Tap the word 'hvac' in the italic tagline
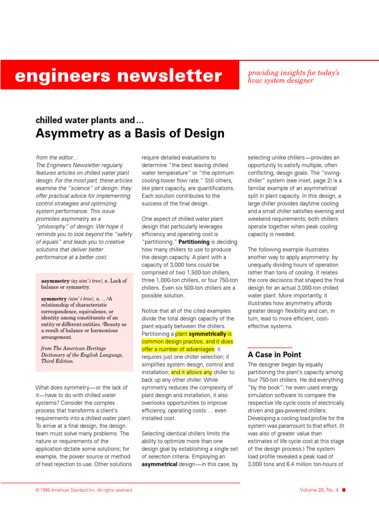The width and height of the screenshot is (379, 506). pyautogui.click(x=256, y=81)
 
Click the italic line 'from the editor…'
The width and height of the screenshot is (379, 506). pyautogui.click(x=57, y=158)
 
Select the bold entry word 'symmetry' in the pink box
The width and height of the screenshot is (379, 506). pyautogui.click(x=52, y=299)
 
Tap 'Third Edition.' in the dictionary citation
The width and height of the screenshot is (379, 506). pyautogui.click(x=57, y=361)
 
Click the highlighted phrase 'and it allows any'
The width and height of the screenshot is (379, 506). pyautogui.click(x=191, y=372)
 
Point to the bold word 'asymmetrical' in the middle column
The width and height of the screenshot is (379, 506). pyautogui.click(x=159, y=464)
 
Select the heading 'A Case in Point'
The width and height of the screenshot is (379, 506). pyautogui.click(x=274, y=355)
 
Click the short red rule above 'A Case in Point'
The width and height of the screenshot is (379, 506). pyautogui.click(x=269, y=348)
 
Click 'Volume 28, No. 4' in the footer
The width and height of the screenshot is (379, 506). pyautogui.click(x=319, y=490)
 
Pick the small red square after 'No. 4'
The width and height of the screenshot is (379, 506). pyautogui.click(x=344, y=490)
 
